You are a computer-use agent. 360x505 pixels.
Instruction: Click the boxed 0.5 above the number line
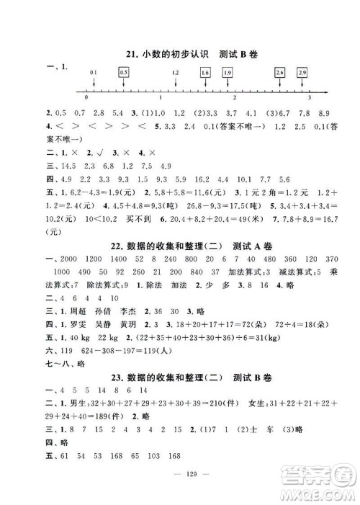[x=123, y=73]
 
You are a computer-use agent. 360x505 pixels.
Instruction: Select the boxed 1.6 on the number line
[x=205, y=73]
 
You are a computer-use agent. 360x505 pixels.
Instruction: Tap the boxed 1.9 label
[x=228, y=73]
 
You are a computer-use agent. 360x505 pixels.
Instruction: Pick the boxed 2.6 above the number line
[x=279, y=73]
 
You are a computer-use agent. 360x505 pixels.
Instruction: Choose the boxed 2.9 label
[x=302, y=73]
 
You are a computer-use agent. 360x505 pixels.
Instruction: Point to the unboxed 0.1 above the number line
[x=94, y=73]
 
